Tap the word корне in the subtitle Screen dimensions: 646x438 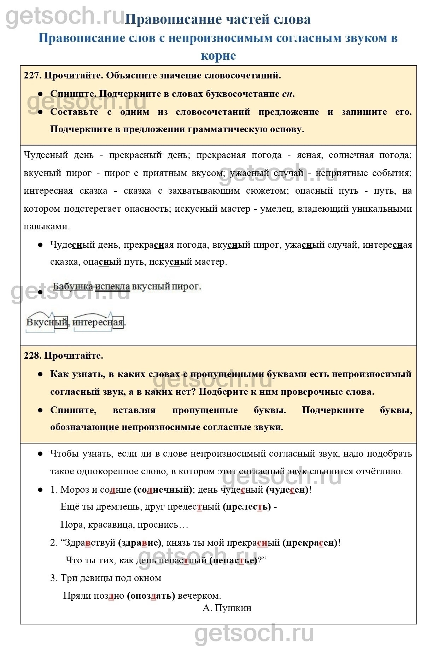tap(218, 56)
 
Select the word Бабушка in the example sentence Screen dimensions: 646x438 tap(73, 286)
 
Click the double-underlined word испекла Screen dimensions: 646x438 tap(112, 286)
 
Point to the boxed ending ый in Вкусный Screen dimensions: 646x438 tap(61, 322)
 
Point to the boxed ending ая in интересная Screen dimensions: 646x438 tap(118, 322)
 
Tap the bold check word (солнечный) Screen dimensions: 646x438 tap(163, 490)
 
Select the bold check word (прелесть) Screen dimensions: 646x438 tap(247, 507)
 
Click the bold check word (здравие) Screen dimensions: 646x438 tap(140, 543)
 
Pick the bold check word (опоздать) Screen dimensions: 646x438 tap(151, 596)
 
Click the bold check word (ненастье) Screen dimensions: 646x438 tap(233, 560)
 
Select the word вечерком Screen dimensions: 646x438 tap(199, 596)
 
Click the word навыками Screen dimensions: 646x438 tap(46, 227)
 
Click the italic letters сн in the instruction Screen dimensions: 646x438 tap(287, 94)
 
